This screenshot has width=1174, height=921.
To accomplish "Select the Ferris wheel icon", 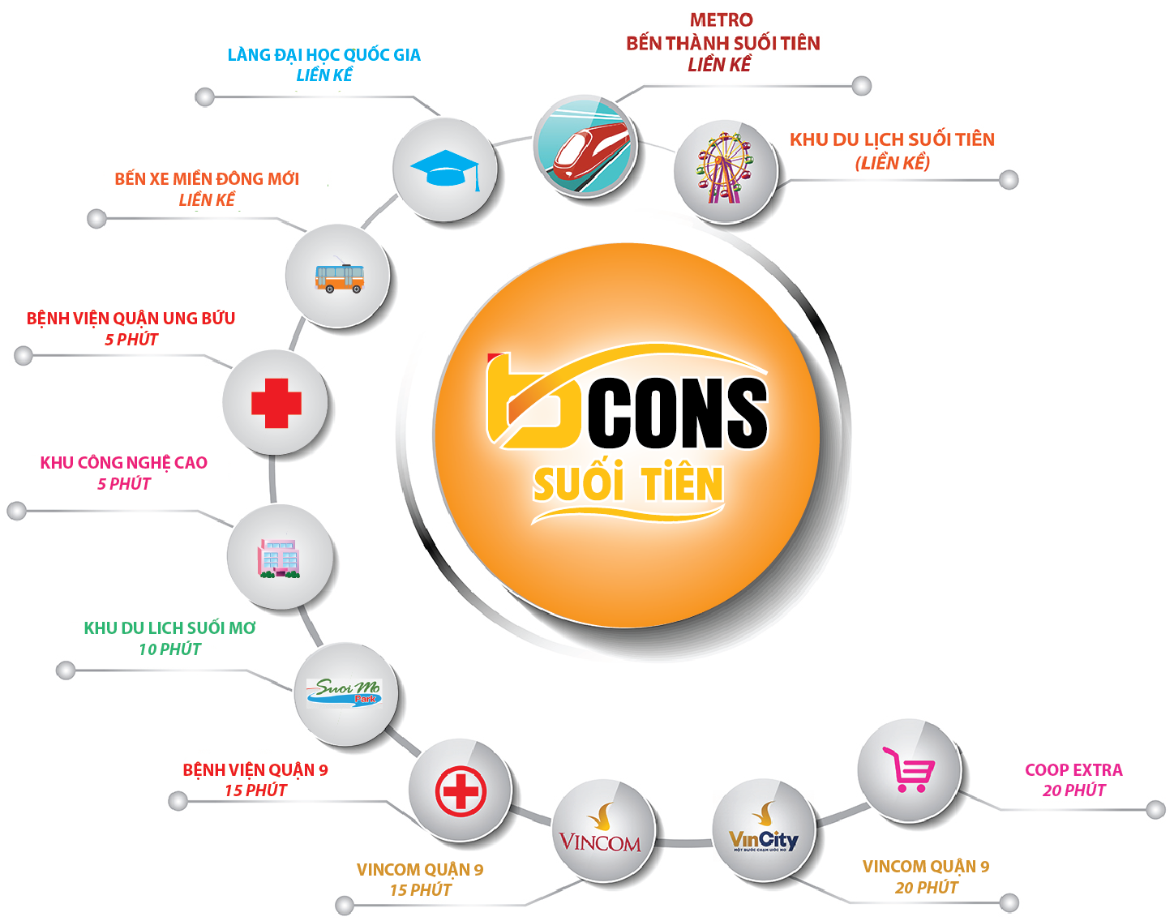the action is [x=725, y=169].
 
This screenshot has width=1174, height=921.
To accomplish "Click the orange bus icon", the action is [x=340, y=277].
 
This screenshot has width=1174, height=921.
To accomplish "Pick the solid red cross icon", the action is [x=276, y=403].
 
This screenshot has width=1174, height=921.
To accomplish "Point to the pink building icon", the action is [x=279, y=559].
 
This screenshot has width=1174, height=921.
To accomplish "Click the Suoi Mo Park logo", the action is [x=345, y=693].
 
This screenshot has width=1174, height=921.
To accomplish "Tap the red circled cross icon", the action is [x=461, y=790].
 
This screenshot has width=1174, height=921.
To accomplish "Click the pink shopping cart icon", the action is [x=908, y=769].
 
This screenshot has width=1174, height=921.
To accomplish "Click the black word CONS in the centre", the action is [x=678, y=413].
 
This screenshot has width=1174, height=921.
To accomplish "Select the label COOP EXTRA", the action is [x=1073, y=769].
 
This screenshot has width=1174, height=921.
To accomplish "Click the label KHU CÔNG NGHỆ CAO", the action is [x=124, y=463].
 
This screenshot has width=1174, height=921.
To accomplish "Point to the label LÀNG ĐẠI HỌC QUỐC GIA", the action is [x=323, y=54].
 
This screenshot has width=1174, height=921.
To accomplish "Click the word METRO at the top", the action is [x=722, y=20].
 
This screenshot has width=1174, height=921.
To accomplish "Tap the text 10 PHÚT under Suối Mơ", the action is [x=169, y=649].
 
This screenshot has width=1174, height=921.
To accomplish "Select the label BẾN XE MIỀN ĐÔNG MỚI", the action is [x=207, y=179].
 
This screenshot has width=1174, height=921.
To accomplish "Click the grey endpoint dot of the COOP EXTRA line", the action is [x=1155, y=810].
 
